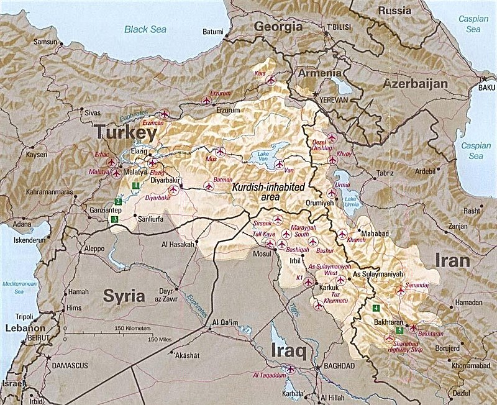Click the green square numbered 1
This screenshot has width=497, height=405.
click(135, 184)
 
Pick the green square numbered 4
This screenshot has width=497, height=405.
click(376, 307)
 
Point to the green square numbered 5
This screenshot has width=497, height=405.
click(399, 330)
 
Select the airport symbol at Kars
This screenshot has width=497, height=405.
click(270, 80)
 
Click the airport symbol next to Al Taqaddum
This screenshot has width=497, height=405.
click(290, 370)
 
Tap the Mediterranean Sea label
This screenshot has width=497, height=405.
click(16, 284)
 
